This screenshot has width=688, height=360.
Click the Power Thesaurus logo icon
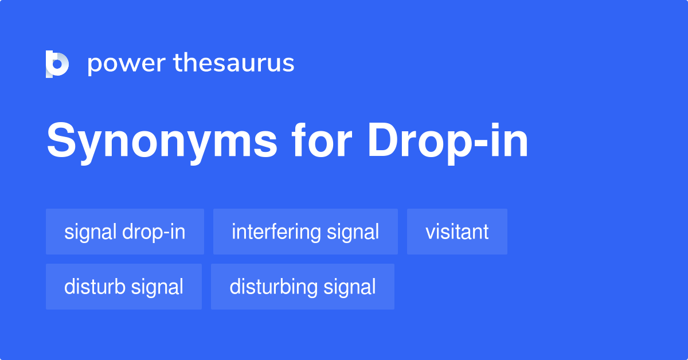pos(57,64)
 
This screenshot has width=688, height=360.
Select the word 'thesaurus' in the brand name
pos(234,64)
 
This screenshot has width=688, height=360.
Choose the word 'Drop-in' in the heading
pos(448,142)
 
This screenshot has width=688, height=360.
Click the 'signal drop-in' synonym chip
pos(125,232)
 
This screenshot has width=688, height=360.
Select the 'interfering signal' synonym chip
pos(306,232)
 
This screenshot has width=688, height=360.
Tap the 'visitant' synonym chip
pos(457,232)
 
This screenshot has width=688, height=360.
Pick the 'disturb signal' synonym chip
pos(124,287)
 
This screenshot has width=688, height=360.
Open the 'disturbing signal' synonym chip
pos(303,287)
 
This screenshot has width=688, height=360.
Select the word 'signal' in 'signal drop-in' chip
pos(91,232)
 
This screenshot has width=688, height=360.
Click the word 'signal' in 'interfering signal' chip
pos(353,232)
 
